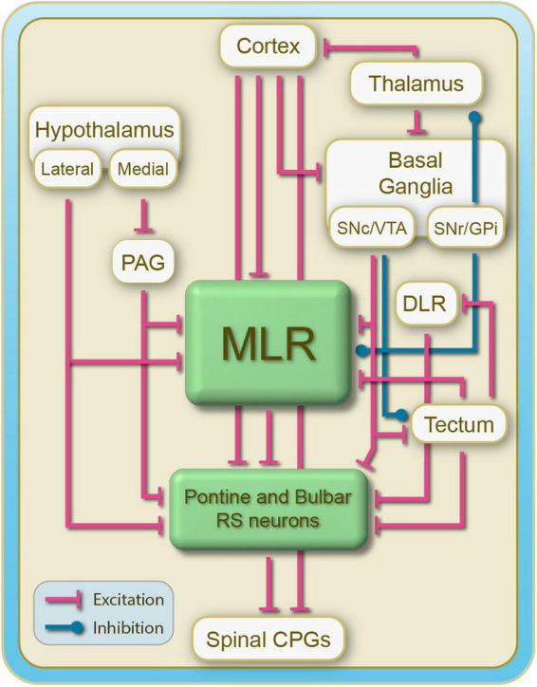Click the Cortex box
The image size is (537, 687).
coord(268,46)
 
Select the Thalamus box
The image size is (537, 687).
coord(417,84)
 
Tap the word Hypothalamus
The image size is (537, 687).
coord(104,130)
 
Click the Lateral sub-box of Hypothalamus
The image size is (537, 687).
coord(67,169)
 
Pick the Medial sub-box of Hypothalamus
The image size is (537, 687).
coord(143,169)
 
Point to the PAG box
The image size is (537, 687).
coord(143,263)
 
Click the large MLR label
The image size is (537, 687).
coord(268,343)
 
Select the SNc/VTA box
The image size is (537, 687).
coord(372,228)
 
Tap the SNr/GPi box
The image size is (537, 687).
coord(466,228)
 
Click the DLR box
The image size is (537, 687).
coord(424,304)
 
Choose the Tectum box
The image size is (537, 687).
coord(458,424)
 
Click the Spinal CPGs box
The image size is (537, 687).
coord(268,640)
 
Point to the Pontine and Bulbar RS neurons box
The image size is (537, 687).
coord(268,510)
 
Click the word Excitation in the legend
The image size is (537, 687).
coord(128,600)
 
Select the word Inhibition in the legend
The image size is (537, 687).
coord(128,628)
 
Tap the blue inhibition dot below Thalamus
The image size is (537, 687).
coord(474,117)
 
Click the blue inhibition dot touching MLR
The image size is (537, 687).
coord(361,350)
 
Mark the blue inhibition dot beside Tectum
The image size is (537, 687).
coord(400,414)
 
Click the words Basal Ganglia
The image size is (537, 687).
coord(416,174)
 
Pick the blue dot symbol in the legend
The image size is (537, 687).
coord(78,628)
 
